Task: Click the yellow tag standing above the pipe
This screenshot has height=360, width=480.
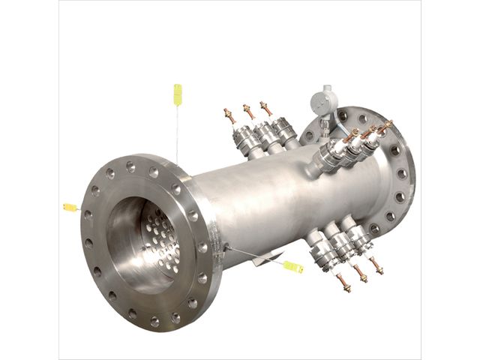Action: point(178,94)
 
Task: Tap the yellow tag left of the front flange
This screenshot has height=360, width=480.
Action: point(70,207)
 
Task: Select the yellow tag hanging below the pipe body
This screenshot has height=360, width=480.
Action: point(292,266)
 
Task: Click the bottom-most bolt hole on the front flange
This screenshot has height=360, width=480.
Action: point(154,321)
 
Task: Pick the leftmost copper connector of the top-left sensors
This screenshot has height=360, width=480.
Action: point(229,116)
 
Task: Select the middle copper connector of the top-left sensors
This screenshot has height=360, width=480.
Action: point(248,112)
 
